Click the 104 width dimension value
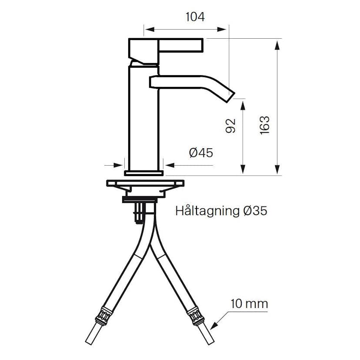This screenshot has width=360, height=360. point(195,17)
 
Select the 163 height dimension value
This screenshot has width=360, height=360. point(265,125)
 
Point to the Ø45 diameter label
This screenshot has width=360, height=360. point(200,153)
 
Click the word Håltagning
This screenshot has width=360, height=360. point(207,211)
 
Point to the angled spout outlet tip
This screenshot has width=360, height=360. point(230,97)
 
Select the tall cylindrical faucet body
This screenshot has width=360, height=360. point(144,117)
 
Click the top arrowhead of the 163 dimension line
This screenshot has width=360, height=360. point(277,42)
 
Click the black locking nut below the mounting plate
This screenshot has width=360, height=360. point(139,199)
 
